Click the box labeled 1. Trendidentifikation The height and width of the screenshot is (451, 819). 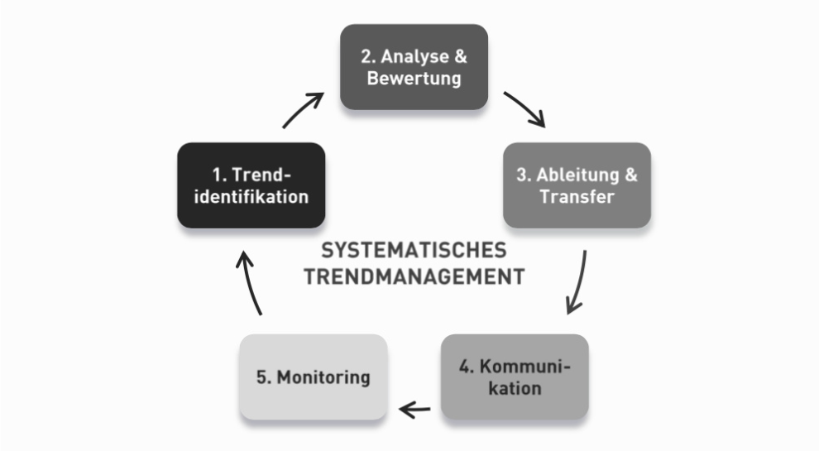coord(251,185)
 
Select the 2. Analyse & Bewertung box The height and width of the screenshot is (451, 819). coord(414,67)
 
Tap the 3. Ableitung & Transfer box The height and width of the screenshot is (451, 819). coord(577,185)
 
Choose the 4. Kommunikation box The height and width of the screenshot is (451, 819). coord(515,377)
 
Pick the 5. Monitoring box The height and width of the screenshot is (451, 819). coord(314,377)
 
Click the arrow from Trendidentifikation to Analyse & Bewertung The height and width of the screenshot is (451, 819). coord(302,109)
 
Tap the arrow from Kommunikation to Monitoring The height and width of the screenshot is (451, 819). coord(414,410)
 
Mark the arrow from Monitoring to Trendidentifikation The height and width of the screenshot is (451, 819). coord(249,282)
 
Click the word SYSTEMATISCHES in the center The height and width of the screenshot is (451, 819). coord(414,250)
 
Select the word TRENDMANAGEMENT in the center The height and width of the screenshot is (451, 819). coord(414,276)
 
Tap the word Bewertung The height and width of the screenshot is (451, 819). coord(414,79)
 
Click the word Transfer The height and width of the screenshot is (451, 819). coord(577,196)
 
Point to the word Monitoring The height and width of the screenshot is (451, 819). coord(323,378)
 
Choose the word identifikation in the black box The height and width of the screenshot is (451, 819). coord(251,196)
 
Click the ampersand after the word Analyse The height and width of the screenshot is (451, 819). coord(461,56)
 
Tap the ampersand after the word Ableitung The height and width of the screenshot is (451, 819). coord(631,175)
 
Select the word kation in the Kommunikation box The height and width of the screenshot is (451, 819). coord(515,388)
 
